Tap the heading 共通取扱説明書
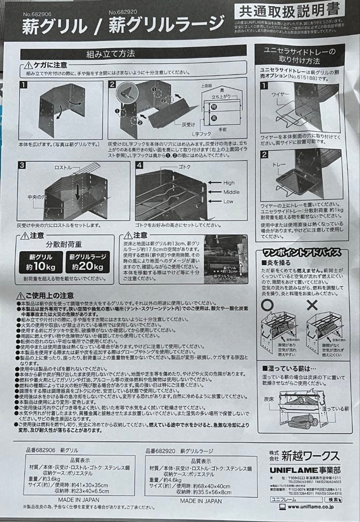tap(289, 10)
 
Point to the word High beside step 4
tap(229, 183)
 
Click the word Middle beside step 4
tap(231, 192)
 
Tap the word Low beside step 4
tap(228, 201)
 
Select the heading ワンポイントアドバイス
tap(302, 252)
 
